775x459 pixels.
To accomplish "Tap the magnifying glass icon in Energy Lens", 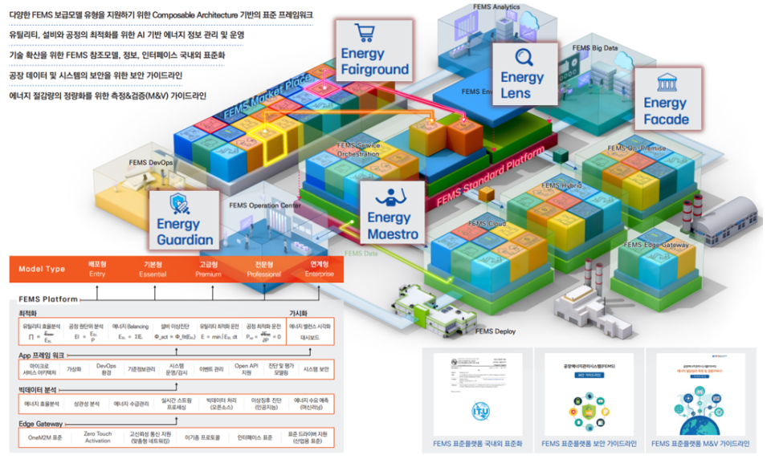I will tap(523, 58).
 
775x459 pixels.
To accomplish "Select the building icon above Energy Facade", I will tap(665, 83).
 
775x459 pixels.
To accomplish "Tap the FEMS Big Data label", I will tap(595, 48).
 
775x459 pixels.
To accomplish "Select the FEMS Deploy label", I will tap(495, 331).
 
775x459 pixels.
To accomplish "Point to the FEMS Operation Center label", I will tap(266, 205).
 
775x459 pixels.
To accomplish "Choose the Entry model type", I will tap(97, 267).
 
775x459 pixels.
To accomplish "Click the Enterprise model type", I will tap(309, 267).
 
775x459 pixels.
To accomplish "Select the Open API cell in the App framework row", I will tap(247, 369).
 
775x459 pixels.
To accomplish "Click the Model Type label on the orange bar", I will tap(42, 268).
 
